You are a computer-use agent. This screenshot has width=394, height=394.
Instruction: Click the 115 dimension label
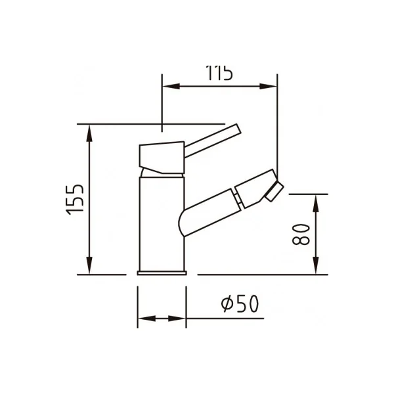tap(219, 73)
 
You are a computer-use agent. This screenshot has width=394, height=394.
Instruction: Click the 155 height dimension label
tap(75, 200)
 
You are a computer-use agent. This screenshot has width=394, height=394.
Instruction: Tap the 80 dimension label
tap(301, 234)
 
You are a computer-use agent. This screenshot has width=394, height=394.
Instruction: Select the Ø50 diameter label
tap(240, 303)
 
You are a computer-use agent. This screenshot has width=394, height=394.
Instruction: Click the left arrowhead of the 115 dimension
tap(171, 86)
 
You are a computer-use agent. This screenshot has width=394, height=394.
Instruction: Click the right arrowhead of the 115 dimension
tap(268, 86)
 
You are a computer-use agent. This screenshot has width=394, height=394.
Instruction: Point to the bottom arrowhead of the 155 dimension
tap(89, 265)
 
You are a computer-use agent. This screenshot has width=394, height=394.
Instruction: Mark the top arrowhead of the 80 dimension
tap(316, 204)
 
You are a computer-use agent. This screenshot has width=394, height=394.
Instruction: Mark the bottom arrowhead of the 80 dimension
tap(316, 265)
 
